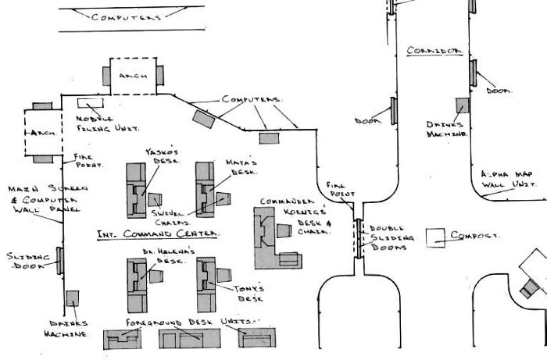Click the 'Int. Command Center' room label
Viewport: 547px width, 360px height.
tap(157, 233)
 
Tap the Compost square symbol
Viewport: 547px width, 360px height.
tap(434, 238)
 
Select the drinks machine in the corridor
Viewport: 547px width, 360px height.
tap(463, 107)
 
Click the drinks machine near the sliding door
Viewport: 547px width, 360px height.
tap(72, 298)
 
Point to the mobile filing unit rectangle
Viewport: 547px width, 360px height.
tap(84, 103)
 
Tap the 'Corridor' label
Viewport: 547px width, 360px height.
tap(435, 51)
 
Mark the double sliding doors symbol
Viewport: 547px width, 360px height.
tap(359, 238)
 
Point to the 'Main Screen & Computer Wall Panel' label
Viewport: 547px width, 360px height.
tap(35, 200)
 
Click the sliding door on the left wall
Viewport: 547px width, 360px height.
tap(59, 261)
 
